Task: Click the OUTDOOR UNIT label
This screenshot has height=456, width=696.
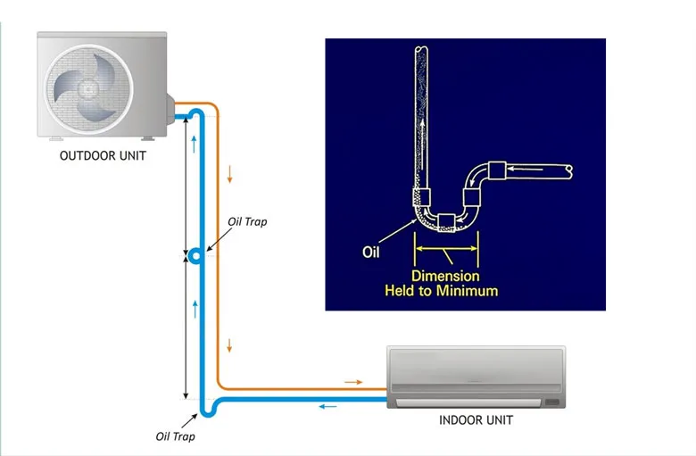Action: point(103,155)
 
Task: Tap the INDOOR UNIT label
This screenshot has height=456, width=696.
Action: point(476,419)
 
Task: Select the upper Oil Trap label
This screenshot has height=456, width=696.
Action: point(247,222)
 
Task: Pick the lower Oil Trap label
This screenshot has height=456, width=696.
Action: point(175,436)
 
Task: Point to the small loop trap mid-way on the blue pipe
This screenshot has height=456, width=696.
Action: point(195,257)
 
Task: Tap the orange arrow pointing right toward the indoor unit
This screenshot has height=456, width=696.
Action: point(353,382)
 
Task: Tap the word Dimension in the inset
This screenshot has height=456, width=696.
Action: point(445,276)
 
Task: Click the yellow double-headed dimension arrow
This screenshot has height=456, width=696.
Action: point(445,251)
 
